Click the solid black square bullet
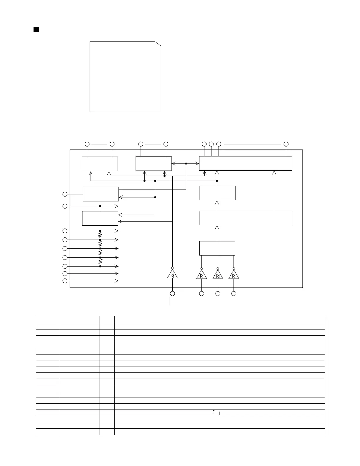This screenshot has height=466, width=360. tap(36, 29)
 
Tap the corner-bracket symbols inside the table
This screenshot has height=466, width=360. tap(216, 413)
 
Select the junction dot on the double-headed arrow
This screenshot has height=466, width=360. tap(186, 164)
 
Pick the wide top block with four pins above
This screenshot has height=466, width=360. tap(245, 163)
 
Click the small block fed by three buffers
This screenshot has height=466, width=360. tap(217, 248)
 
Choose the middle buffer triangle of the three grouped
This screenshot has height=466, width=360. tap(218, 275)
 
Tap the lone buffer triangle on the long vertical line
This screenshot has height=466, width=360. tap(172, 275)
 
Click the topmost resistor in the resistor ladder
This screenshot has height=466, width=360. tap(100, 235)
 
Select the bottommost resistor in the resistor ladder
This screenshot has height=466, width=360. tap(100, 262)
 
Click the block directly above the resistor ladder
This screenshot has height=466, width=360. tap(100, 218)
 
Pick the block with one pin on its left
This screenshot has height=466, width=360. tap(101, 194)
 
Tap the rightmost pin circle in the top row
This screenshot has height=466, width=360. tap(286, 144)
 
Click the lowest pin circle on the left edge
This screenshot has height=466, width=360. tap(65, 281)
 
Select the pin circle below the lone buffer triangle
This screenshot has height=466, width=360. tap(172, 293)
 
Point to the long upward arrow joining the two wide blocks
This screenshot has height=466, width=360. tap(274, 190)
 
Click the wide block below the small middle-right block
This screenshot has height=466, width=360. tap(245, 218)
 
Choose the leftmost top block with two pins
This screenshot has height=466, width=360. tap(100, 164)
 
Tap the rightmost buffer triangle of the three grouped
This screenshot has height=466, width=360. tap(234, 275)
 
